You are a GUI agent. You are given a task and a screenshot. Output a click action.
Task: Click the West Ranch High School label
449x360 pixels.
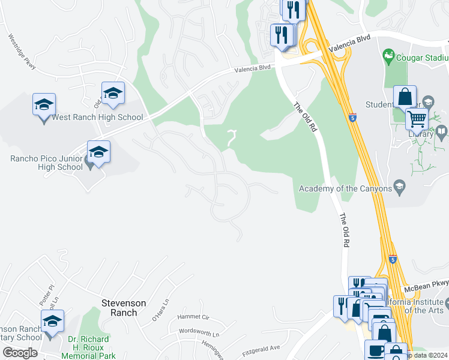click(x=97, y=118)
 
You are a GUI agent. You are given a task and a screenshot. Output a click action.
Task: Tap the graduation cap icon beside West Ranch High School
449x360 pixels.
click(x=44, y=106)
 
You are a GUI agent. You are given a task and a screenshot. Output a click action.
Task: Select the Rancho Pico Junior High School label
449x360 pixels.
click(x=46, y=163)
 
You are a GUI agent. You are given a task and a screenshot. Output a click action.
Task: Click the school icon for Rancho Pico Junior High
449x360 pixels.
click(x=99, y=153)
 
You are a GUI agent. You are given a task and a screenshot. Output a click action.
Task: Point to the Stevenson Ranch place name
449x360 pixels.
click(x=124, y=304)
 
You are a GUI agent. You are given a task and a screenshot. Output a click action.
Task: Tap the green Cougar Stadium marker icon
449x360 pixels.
click(x=388, y=57)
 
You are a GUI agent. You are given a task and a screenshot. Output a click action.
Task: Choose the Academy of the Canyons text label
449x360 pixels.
click(x=345, y=189)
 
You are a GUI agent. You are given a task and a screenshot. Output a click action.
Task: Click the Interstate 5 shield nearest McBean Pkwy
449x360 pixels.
click(x=392, y=259)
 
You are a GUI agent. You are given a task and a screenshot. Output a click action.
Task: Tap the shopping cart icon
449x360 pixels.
click(x=416, y=118)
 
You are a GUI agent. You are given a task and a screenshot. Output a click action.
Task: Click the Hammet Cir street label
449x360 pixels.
click(x=192, y=317)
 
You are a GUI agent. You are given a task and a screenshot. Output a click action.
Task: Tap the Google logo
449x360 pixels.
click(x=19, y=353)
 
